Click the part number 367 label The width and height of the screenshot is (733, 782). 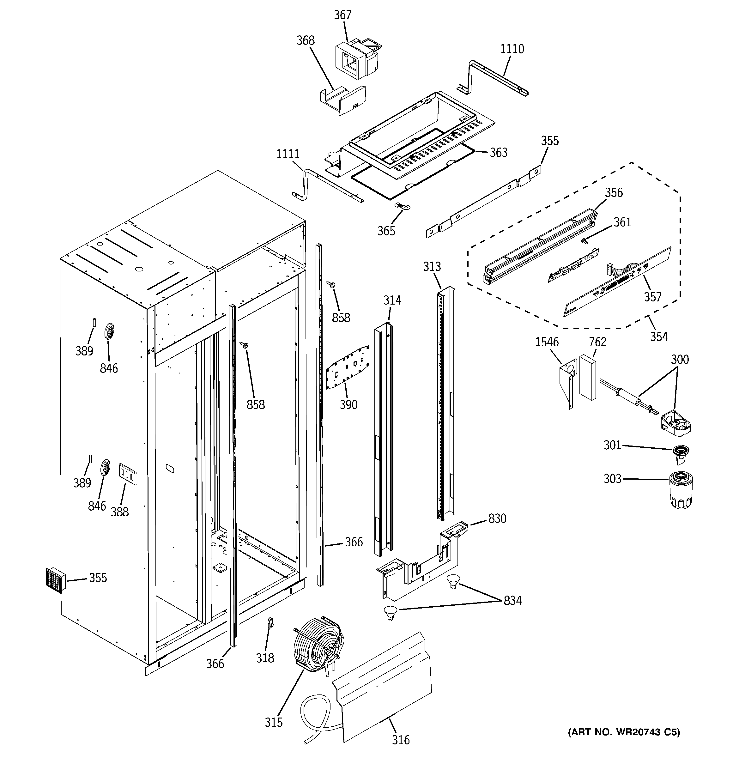click(342, 15)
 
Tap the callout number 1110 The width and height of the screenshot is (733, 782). click(512, 49)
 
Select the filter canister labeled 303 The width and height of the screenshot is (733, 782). click(681, 491)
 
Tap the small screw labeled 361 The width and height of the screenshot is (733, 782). click(585, 240)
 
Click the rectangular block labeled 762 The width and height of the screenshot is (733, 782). click(587, 378)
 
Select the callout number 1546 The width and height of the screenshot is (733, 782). click(547, 342)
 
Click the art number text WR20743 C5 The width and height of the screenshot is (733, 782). click(624, 732)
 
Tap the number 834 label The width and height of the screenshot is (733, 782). click(512, 601)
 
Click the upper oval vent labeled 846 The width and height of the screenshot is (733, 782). click(109, 332)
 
